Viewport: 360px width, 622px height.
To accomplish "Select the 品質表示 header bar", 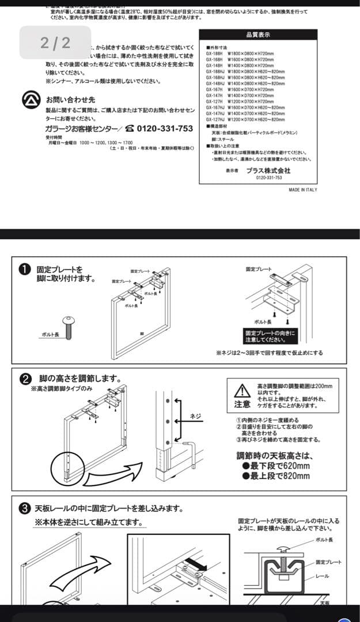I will coord(257,35).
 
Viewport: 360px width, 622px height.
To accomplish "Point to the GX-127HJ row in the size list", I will coord(245,120).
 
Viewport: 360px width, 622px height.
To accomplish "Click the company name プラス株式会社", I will coord(268,171).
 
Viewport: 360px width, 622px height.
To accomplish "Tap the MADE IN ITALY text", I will coord(302,189).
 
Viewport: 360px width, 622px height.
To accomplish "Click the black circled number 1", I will coord(26,270).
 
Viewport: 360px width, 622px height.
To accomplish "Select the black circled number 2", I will coord(26,379).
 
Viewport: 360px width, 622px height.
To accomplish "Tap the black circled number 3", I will coord(25,509).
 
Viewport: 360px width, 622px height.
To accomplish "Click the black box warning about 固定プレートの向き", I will coord(270,336).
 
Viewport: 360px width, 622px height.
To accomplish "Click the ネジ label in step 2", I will coord(196,416).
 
